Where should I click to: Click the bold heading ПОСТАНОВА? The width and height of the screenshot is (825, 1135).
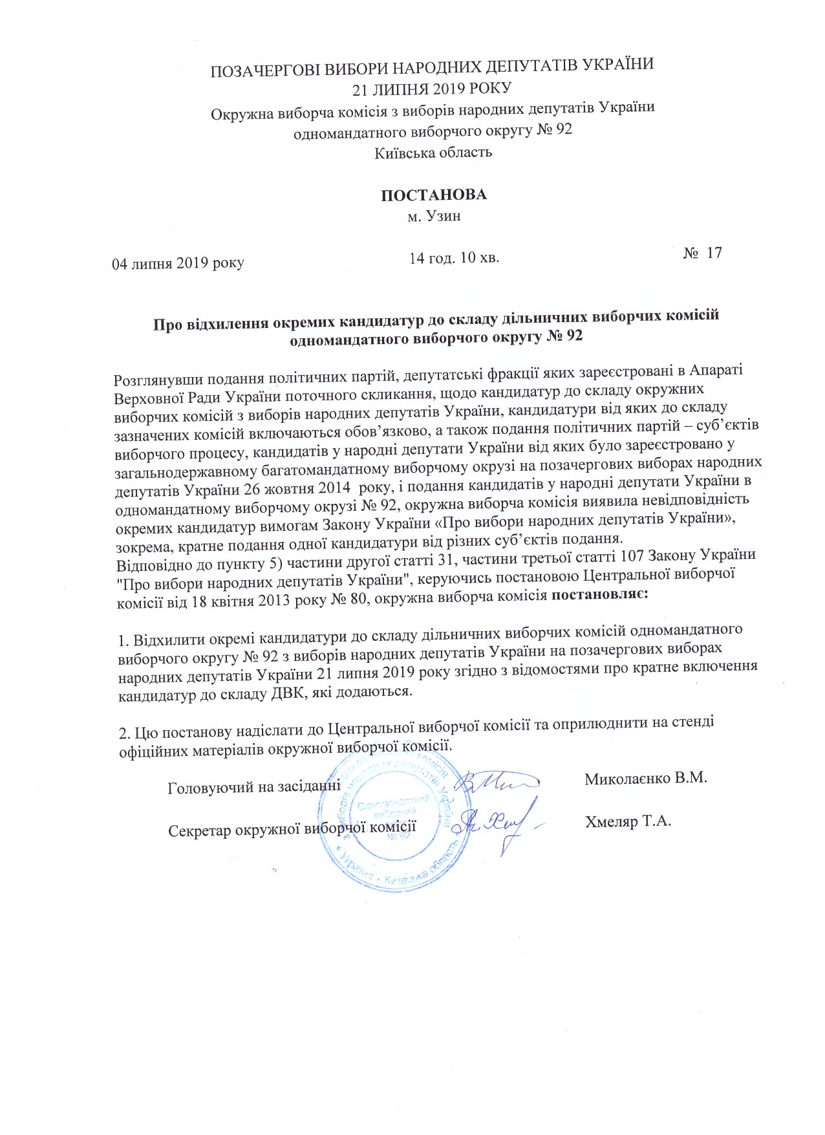[x=433, y=195]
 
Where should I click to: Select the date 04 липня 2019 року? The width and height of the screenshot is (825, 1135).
[x=178, y=263]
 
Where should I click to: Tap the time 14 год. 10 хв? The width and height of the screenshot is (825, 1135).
[x=455, y=258]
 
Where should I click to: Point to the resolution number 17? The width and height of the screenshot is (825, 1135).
[x=714, y=252]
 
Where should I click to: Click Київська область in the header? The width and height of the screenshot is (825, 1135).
[x=433, y=153]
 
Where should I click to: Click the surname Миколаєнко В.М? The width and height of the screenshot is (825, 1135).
[x=645, y=778]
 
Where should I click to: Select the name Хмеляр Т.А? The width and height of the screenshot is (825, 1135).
[x=628, y=822]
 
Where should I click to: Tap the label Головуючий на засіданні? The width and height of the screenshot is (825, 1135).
[x=254, y=788]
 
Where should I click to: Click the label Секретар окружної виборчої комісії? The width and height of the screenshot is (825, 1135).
[x=291, y=830]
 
